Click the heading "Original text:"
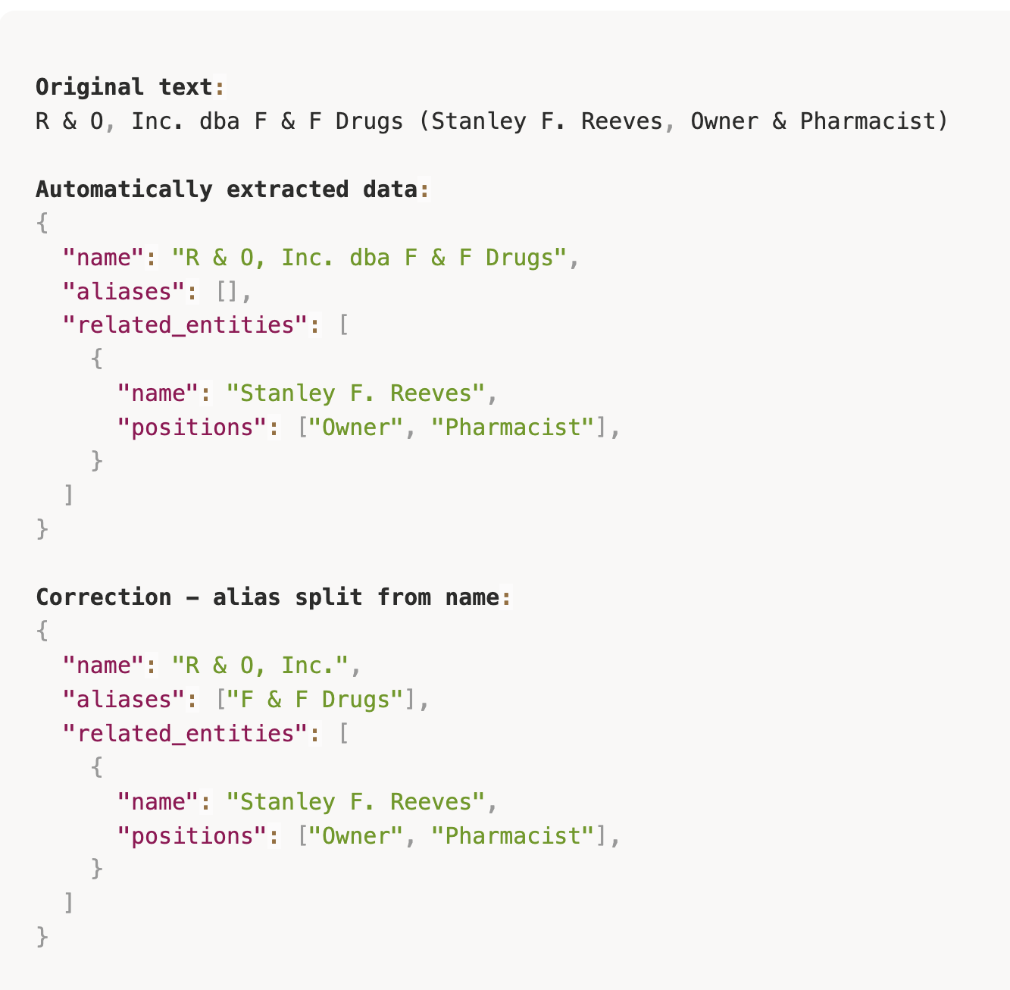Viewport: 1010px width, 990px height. point(130,87)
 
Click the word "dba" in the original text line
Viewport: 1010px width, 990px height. point(220,121)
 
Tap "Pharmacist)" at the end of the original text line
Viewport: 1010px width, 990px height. point(874,121)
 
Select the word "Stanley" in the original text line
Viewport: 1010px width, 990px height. point(479,121)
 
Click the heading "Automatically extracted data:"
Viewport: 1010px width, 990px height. point(233,190)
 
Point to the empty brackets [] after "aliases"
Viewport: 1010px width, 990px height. point(227,292)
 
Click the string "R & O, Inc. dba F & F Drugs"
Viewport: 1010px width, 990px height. point(370,258)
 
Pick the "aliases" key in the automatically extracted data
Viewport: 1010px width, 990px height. point(124,292)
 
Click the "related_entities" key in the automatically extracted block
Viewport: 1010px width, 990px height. point(185,325)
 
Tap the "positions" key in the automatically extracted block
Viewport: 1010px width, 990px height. point(192,428)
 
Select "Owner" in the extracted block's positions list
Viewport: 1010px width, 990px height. point(356,428)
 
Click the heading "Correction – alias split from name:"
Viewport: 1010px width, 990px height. point(273,597)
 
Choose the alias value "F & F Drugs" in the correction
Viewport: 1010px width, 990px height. point(315,700)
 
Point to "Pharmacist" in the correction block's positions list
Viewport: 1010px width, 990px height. point(513,836)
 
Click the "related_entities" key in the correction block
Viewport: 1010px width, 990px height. point(185,734)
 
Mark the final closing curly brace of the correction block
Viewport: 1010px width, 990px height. point(42,938)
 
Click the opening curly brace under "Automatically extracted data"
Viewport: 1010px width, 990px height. point(42,223)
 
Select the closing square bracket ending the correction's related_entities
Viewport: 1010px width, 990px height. point(69,904)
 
